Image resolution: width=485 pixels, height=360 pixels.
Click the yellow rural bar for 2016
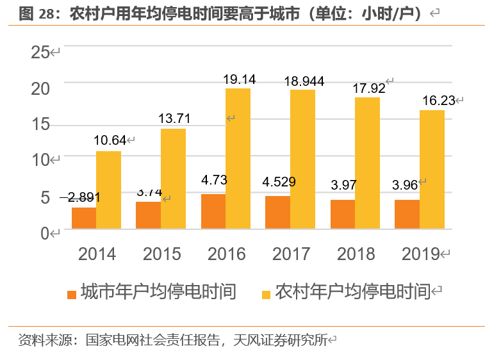[x=238, y=158]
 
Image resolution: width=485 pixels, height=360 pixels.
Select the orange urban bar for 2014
[x=84, y=218]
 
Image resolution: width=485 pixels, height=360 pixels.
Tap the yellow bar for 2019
[x=432, y=169]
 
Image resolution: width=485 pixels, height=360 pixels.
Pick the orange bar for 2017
[x=277, y=212]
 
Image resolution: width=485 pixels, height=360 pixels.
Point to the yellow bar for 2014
[x=108, y=190]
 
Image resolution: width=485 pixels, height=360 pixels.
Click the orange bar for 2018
[x=342, y=214]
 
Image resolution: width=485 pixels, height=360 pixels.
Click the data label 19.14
[x=239, y=80]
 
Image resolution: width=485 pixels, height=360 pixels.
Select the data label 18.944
[x=304, y=81]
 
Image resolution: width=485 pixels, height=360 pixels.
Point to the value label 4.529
[x=279, y=182]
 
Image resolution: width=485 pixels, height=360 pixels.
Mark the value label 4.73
[x=214, y=179]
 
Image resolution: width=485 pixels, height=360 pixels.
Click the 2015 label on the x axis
[x=162, y=254]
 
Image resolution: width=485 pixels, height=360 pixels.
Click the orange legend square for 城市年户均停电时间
[x=72, y=295]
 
